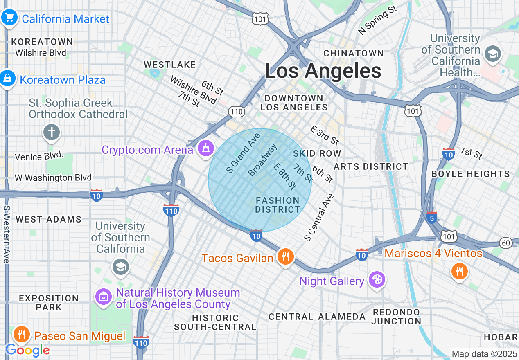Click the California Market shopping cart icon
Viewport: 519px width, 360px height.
coord(9,18)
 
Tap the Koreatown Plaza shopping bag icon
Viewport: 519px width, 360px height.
coord(7,79)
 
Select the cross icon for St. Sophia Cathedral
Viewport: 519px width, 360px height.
coord(52,133)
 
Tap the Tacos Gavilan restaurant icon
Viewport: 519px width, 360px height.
coord(285,257)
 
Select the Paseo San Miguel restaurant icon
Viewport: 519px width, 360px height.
coord(21,335)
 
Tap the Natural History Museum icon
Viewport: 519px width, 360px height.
coord(104,296)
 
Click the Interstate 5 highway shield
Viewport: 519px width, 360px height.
coord(431,217)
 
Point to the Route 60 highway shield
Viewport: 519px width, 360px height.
coord(506,243)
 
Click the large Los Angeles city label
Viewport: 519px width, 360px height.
coord(323,71)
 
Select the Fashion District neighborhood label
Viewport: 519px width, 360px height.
coord(278,205)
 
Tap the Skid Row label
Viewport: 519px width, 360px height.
coord(317,153)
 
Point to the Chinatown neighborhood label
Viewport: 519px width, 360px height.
coord(354,53)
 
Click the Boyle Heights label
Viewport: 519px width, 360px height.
coord(471,174)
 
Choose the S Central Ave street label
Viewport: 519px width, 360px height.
coord(319,217)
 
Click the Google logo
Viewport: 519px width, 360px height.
coord(27,350)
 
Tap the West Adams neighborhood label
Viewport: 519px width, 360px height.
coord(48,219)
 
